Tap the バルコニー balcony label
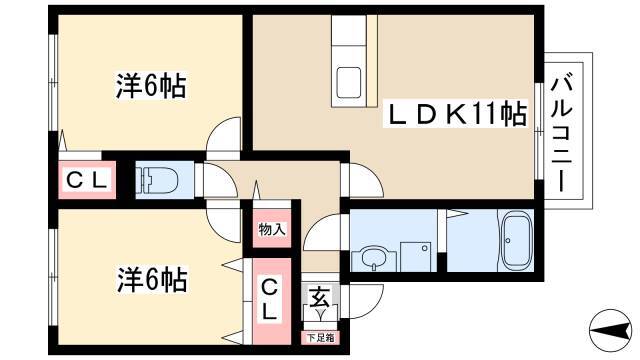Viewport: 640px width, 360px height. (x=562, y=134)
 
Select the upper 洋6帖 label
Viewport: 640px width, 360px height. (x=151, y=86)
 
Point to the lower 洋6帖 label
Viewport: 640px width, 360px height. (x=152, y=280)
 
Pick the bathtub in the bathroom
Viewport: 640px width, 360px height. (x=516, y=240)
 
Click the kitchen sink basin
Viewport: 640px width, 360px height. (x=349, y=82)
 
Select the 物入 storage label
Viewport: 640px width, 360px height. (x=272, y=229)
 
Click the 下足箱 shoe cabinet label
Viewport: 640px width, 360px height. (x=320, y=338)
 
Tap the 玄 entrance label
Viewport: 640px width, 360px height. (x=320, y=297)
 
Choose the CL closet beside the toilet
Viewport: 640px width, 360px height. (x=88, y=180)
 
